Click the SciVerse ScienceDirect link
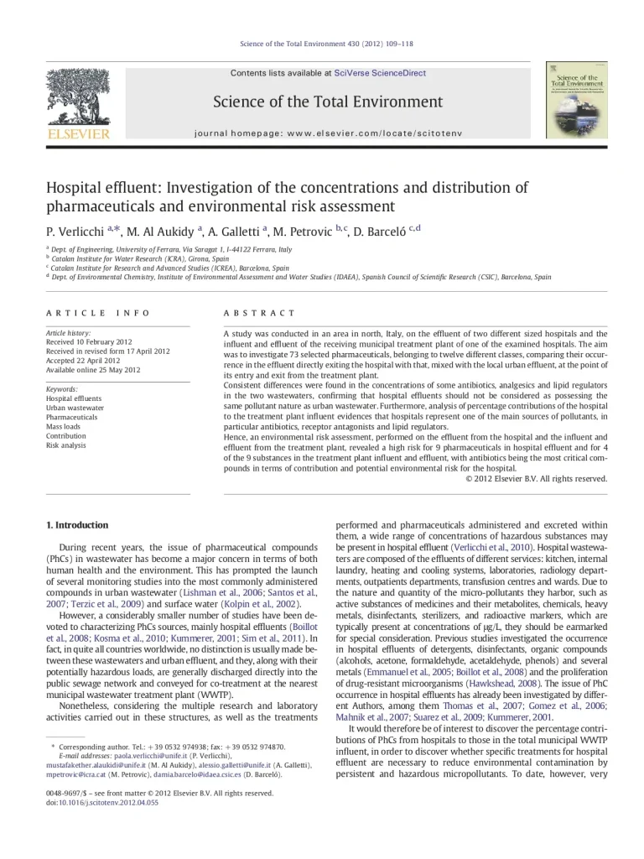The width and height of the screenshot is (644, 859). [380, 73]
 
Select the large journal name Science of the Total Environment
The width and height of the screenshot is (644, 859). [328, 102]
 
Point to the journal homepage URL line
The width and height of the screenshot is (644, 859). [328, 133]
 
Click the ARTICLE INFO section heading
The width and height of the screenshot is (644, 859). [98, 313]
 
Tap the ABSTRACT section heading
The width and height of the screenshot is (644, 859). [259, 313]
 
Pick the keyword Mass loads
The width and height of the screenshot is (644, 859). [65, 427]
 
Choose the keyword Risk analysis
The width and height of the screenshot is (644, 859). [66, 445]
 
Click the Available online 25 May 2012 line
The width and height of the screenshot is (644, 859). [93, 370]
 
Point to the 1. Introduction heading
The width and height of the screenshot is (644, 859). [77, 525]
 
